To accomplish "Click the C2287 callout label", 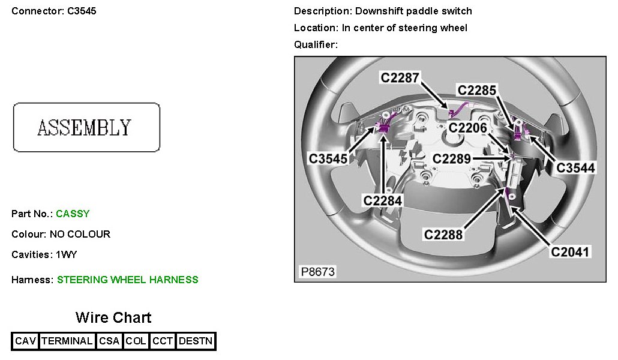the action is [x=400, y=77].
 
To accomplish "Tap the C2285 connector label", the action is [x=477, y=90].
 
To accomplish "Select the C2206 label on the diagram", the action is [x=468, y=127].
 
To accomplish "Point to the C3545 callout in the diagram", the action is [x=328, y=158].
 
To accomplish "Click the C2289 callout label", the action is [x=452, y=159].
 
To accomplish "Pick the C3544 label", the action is [x=576, y=168].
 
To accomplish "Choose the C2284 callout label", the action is [x=382, y=200].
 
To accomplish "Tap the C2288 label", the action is [x=443, y=235].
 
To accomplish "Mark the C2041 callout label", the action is [x=571, y=253].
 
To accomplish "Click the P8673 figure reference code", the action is [x=317, y=272].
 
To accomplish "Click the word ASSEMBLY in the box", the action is [x=84, y=127].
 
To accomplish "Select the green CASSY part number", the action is [x=73, y=214].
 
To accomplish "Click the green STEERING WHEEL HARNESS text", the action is [x=127, y=280].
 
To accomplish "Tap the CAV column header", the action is [x=26, y=341].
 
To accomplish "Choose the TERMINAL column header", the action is [x=67, y=341].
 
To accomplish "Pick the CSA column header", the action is [x=109, y=341].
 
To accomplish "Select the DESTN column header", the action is [x=196, y=341].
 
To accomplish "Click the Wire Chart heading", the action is [x=113, y=317].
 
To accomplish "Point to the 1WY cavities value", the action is [x=66, y=254].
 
